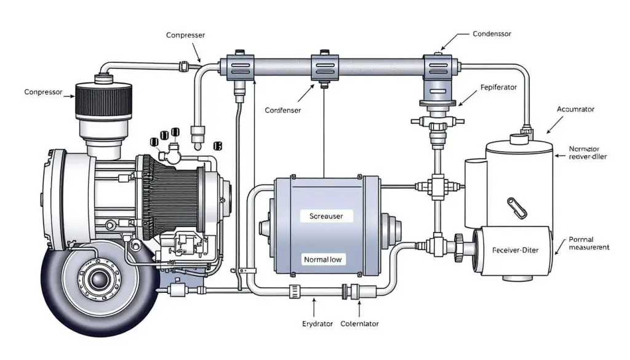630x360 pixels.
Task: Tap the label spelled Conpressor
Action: click(x=44, y=92)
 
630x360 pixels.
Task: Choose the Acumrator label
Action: click(x=575, y=109)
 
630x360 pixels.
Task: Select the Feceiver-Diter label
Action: click(x=519, y=251)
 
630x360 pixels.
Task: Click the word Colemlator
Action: click(x=359, y=323)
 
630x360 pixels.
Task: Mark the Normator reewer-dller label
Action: click(x=588, y=152)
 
